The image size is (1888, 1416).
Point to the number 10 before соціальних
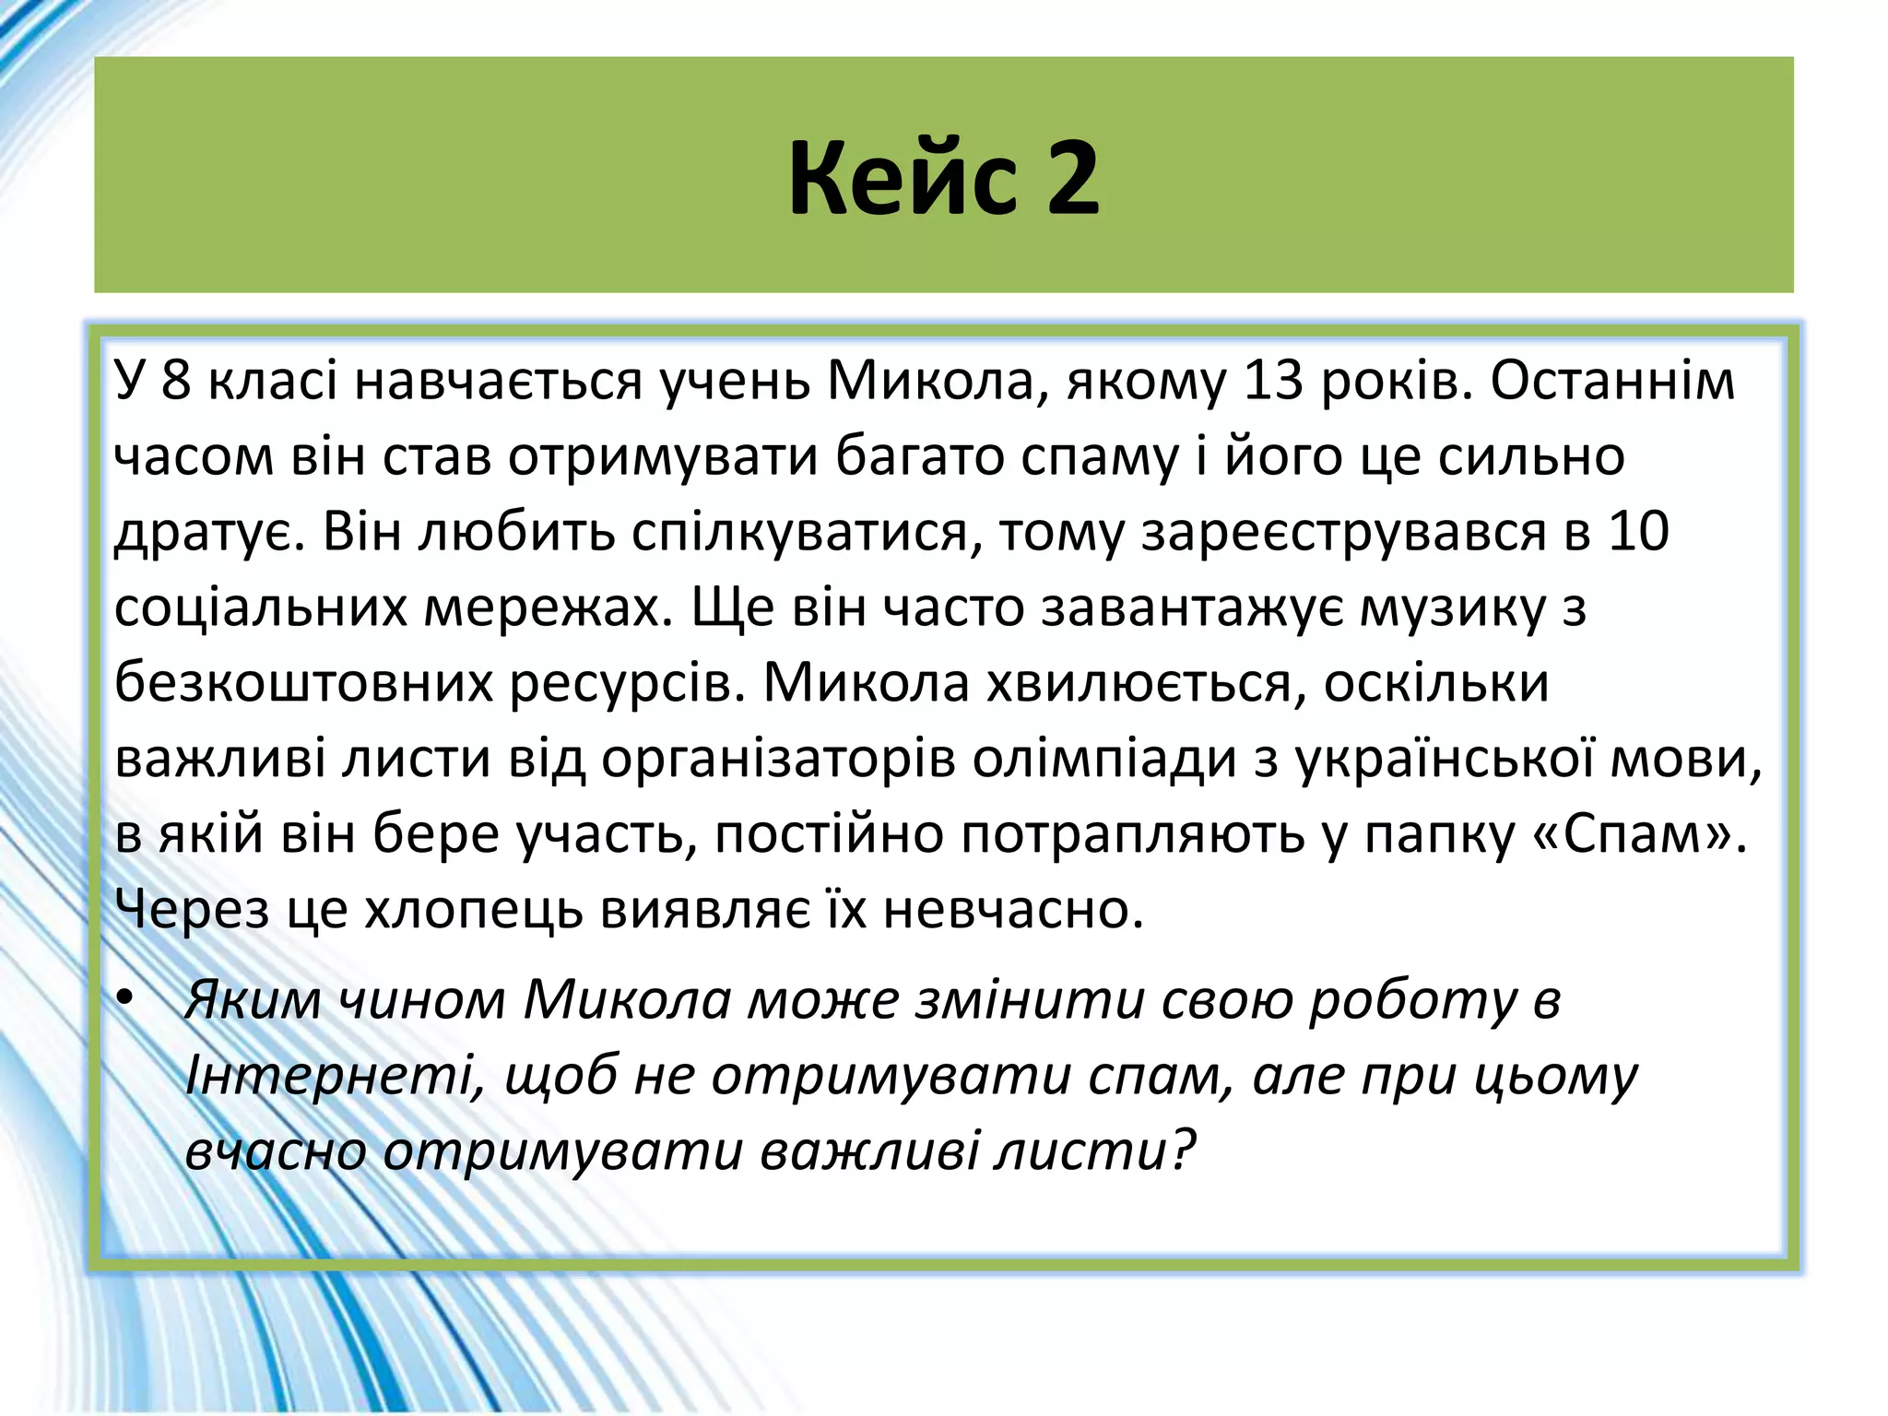tap(1638, 532)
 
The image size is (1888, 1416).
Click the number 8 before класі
tap(175, 381)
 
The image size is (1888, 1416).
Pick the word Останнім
tap(1612, 381)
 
